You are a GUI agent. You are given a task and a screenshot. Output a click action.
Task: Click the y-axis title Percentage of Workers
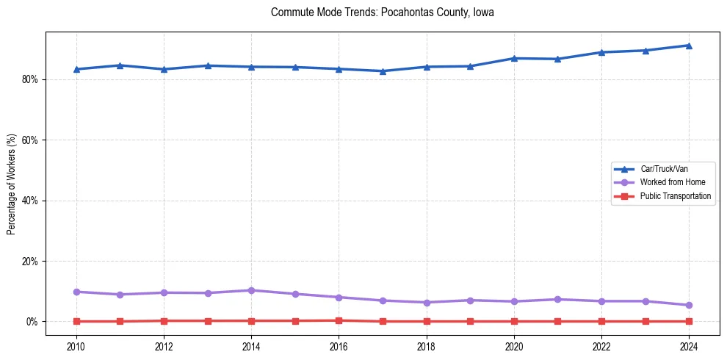coord(11,184)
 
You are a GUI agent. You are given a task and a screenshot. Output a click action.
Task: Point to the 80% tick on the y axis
coord(32,79)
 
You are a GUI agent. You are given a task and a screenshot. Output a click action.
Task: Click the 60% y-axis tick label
coord(32,140)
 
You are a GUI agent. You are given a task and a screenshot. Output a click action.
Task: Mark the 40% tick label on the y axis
coord(32,201)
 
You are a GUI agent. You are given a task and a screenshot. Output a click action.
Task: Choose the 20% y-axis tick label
coord(32,261)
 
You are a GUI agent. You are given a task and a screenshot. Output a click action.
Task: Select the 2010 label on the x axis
coord(76,346)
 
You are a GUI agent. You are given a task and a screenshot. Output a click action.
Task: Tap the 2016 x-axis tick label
coord(339,346)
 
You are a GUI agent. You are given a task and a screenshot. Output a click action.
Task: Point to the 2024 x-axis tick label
coord(689,346)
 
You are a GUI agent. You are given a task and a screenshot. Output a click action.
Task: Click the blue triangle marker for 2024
coord(689,46)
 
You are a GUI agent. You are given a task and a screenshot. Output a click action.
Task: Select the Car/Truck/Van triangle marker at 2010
coord(76,69)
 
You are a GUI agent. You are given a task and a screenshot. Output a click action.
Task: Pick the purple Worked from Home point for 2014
coord(251,290)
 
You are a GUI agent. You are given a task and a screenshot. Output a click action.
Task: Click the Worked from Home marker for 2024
coord(689,305)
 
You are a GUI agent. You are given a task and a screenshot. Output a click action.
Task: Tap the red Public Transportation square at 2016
coord(339,320)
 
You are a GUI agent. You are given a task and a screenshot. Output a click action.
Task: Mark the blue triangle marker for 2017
coord(383,71)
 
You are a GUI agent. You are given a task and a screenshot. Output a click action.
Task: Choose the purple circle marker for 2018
coord(427,302)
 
